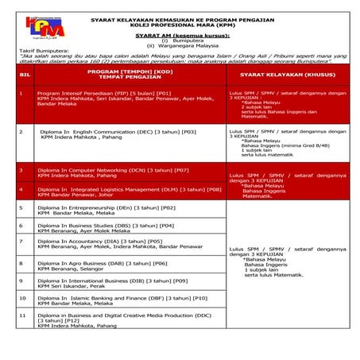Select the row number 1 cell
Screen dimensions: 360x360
pos(21,92)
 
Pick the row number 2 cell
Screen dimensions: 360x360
pos(21,132)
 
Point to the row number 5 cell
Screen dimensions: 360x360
pos(21,207)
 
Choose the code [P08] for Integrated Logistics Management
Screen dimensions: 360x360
pos(212,189)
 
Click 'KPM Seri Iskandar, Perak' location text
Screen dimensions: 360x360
pos(71,286)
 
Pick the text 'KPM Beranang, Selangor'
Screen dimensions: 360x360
pos(69,268)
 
